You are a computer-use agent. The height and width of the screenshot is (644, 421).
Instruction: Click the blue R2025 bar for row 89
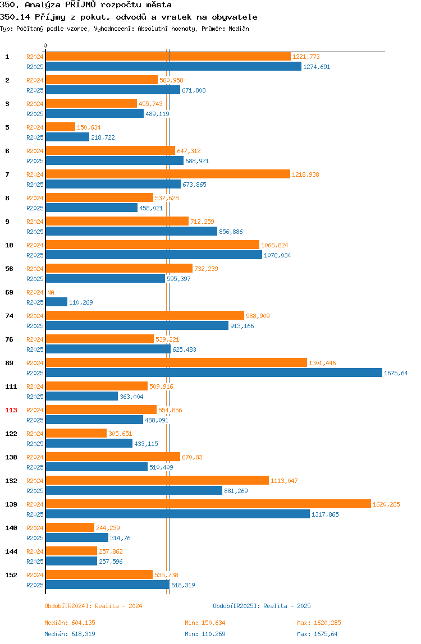pyautogui.click(x=214, y=372)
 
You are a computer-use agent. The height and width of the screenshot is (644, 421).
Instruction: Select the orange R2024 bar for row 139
pyautogui.click(x=208, y=504)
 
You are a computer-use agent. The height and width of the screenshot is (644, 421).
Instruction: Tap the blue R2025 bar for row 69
pyautogui.click(x=56, y=302)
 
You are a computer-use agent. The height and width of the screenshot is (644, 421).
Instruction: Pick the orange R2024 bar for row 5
pyautogui.click(x=61, y=127)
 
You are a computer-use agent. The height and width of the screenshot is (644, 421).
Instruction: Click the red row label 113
pyautogui.click(x=11, y=410)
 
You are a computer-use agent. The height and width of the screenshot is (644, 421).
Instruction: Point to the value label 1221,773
pyautogui.click(x=306, y=57)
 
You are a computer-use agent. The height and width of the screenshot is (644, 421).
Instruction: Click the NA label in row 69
pyautogui.click(x=51, y=292)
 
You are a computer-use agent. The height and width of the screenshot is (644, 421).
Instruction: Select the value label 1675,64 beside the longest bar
pyautogui.click(x=396, y=373)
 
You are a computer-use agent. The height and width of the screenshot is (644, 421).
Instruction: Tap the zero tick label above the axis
pyautogui.click(x=45, y=45)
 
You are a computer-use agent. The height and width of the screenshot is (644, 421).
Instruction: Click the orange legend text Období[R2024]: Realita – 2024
pyautogui.click(x=93, y=606)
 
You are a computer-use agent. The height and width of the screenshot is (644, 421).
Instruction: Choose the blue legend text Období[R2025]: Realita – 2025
pyautogui.click(x=262, y=606)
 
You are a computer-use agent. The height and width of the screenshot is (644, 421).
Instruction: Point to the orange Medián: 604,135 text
pyautogui.click(x=70, y=623)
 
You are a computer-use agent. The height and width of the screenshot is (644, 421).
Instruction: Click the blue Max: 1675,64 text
pyautogui.click(x=317, y=634)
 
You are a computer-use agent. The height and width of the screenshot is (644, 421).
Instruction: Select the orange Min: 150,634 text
pyautogui.click(x=205, y=623)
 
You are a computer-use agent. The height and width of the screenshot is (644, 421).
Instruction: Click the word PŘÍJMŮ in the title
pyautogui.click(x=81, y=5)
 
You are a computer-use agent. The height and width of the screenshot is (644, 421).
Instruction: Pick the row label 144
pyautogui.click(x=11, y=551)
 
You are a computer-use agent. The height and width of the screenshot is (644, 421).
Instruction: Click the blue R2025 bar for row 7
pyautogui.click(x=113, y=184)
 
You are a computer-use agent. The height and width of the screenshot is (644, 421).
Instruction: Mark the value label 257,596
pyautogui.click(x=111, y=562)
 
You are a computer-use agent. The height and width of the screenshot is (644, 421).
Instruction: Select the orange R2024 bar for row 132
pyautogui.click(x=157, y=480)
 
